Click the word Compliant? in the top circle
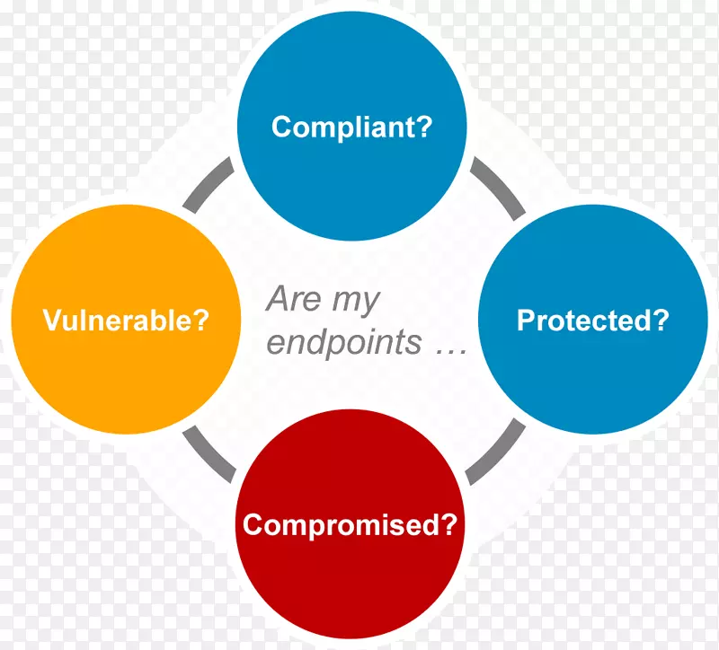coord(351,127)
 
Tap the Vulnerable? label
coord(126,320)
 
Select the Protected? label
coord(593,320)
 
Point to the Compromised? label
coord(350,524)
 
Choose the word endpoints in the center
coord(344,342)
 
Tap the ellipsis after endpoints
coord(451,351)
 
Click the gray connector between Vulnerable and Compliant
coord(208,183)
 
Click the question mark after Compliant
coord(424,126)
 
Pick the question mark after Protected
coord(661,320)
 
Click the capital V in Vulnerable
coord(52,320)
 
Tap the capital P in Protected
coord(526,320)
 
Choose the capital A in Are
coord(279,299)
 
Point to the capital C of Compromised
coord(253,524)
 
